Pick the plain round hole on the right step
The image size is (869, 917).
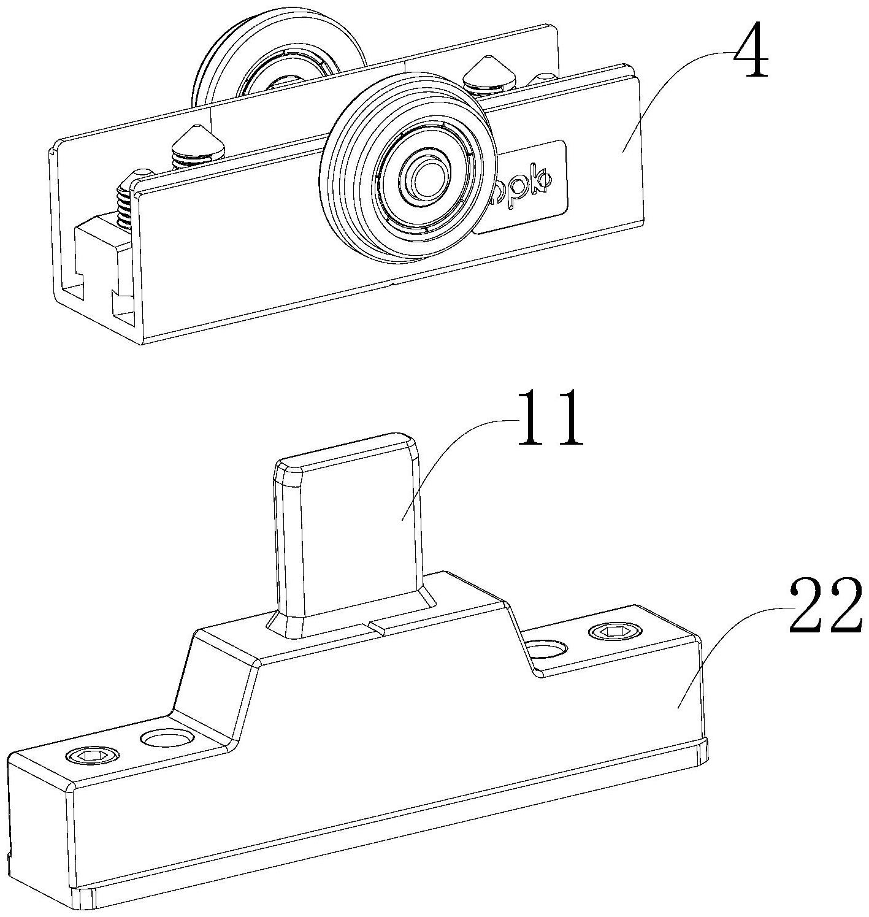tap(548, 648)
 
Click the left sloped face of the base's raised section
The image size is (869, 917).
tap(209, 687)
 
